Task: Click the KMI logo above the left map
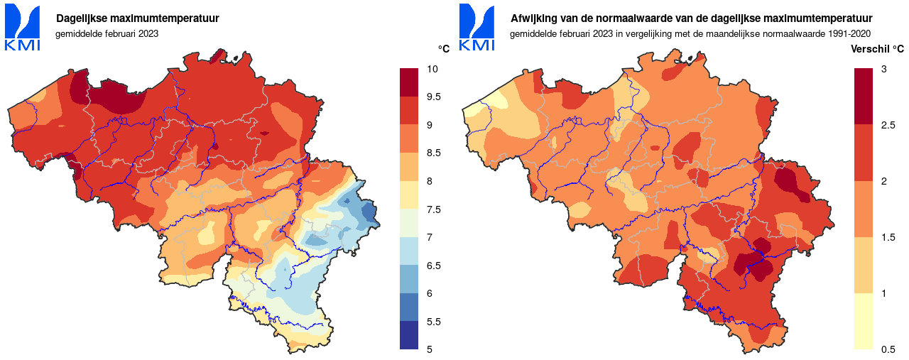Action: click(22, 28)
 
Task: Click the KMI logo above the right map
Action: click(477, 28)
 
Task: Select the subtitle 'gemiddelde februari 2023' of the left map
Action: click(107, 33)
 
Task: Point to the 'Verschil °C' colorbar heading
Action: click(877, 49)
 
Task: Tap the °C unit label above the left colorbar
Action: click(444, 49)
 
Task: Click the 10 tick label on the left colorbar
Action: click(432, 69)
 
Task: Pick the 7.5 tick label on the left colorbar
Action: click(434, 209)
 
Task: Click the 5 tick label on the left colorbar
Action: click(429, 349)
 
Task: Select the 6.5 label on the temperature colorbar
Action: click(434, 265)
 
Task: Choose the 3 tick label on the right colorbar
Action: click(883, 69)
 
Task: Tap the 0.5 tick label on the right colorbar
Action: click(888, 349)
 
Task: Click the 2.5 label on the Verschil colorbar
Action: click(888, 125)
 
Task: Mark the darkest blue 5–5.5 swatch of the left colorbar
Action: click(410, 335)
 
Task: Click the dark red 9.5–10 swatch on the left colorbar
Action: click(410, 82)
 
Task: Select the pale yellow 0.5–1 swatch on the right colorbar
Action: click(864, 321)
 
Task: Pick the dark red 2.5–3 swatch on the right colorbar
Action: click(864, 97)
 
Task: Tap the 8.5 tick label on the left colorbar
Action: click(434, 153)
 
